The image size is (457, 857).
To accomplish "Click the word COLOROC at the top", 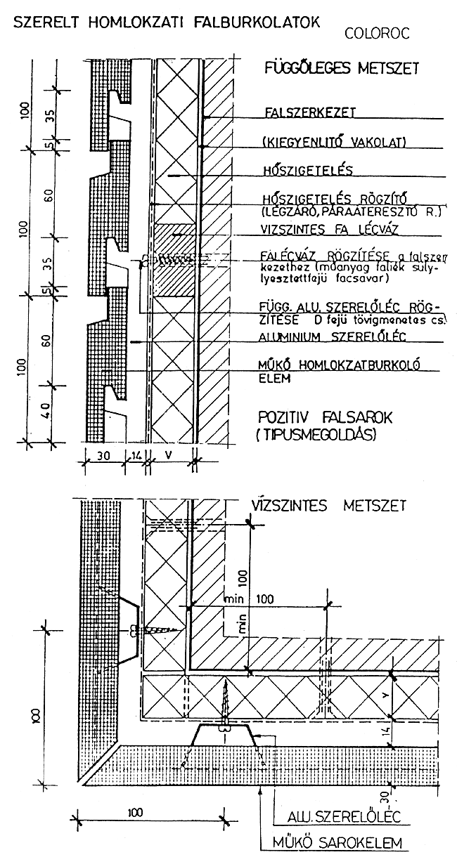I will [378, 32].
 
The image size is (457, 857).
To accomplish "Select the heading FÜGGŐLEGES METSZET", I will [340, 69].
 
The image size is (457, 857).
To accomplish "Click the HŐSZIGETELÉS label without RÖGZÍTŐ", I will [306, 169].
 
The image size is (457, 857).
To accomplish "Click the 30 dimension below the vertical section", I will [105, 454].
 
